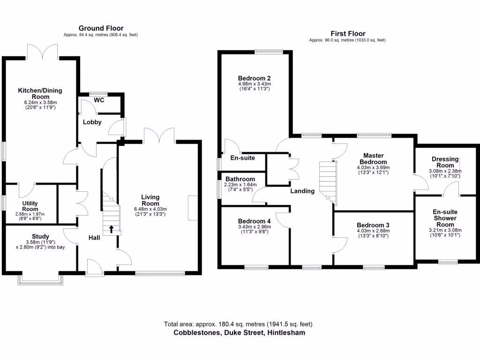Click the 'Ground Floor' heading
click(x=101, y=28)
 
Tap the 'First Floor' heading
click(x=347, y=34)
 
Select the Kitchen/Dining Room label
click(x=40, y=93)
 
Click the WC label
click(x=99, y=100)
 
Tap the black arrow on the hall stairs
click(x=111, y=229)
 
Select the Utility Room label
click(x=30, y=206)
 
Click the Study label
click(x=40, y=236)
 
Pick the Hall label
click(x=94, y=238)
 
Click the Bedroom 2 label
click(x=254, y=78)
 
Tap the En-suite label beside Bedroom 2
click(x=243, y=158)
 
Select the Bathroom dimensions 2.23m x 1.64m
click(x=240, y=185)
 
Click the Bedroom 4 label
click(x=254, y=221)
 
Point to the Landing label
click(x=302, y=191)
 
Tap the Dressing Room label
click(x=445, y=162)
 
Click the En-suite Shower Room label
click(x=445, y=218)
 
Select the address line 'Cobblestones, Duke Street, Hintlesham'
click(x=239, y=333)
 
